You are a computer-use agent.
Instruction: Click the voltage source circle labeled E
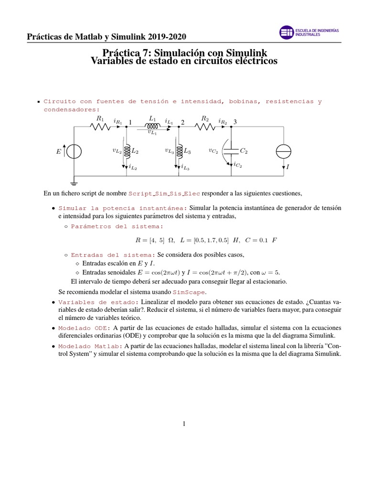click(74, 151)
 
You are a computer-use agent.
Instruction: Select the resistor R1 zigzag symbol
click(100, 127)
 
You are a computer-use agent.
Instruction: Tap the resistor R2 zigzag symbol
click(205, 127)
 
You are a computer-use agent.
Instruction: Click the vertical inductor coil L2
click(127, 151)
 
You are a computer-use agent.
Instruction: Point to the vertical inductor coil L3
click(179, 151)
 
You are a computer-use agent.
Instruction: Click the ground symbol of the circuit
click(74, 181)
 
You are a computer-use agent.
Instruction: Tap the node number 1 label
click(130, 122)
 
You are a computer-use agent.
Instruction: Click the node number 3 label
click(235, 122)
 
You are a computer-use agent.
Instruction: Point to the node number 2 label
click(183, 122)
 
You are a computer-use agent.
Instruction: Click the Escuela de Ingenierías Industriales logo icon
click(286, 32)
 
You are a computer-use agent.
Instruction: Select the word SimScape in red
click(186, 292)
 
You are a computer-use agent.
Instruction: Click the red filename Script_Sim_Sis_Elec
click(165, 193)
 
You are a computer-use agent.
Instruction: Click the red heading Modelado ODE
click(84, 328)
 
